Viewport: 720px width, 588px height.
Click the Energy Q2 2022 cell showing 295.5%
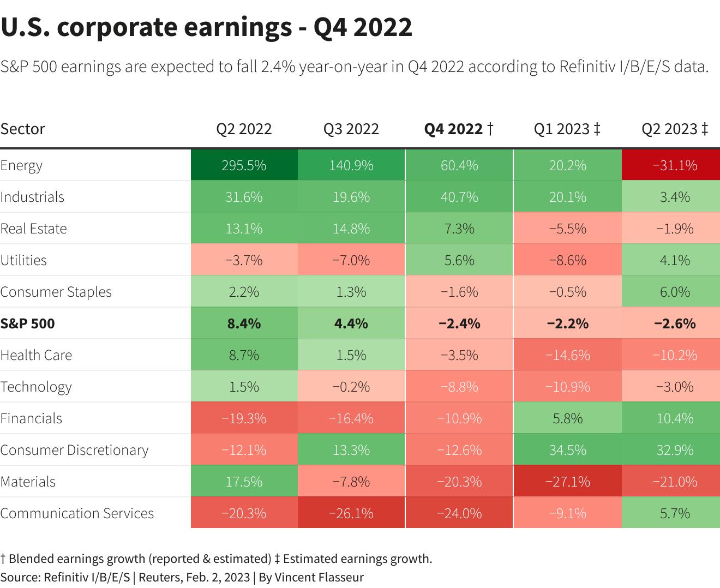(244, 165)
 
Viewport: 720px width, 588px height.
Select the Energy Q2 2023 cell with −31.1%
(675, 165)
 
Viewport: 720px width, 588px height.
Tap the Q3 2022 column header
(351, 129)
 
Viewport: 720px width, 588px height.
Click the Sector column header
(23, 129)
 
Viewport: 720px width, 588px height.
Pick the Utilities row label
(23, 260)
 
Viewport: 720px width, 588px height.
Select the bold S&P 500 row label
(28, 323)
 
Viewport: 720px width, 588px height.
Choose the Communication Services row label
(77, 513)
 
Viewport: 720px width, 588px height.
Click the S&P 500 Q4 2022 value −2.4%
(459, 323)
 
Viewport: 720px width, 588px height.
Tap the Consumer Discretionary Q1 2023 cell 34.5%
(568, 450)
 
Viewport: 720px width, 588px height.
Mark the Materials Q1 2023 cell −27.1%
(568, 482)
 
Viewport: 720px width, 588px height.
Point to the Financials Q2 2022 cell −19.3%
(244, 418)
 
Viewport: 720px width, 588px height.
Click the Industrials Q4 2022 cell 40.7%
(459, 197)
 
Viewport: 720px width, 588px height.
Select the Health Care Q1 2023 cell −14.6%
(568, 355)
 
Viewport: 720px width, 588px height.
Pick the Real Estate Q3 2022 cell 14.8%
(351, 229)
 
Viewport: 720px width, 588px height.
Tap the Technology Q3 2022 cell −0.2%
(351, 387)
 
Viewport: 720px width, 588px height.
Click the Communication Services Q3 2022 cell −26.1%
(351, 513)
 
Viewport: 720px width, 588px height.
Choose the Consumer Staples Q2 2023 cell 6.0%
(675, 292)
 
